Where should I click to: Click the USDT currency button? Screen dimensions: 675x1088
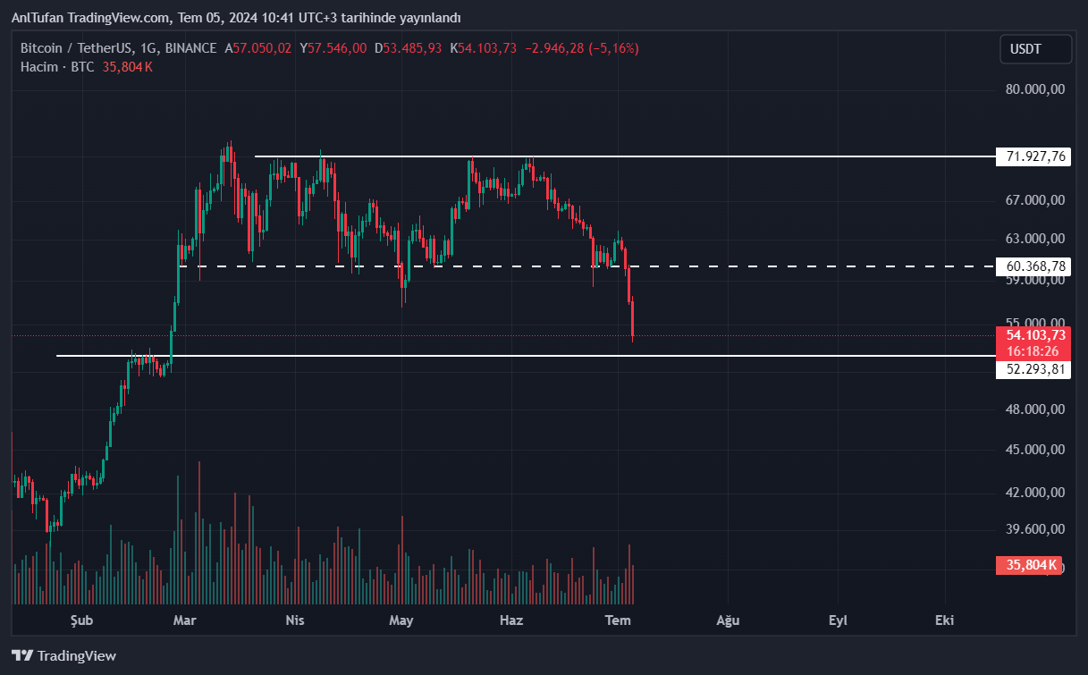coord(1035,49)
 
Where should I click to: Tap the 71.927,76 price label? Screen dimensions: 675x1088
coord(1035,156)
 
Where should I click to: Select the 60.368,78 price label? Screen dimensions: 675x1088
coord(1035,266)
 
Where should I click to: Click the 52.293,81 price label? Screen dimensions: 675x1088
coord(1035,369)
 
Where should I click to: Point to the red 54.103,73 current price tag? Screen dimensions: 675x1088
coord(1035,335)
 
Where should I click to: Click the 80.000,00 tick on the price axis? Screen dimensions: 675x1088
coord(1035,89)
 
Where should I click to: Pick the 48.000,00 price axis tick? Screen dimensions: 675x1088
coord(1035,409)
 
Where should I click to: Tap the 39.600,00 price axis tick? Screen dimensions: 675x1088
coord(1035,528)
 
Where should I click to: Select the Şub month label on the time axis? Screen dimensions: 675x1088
coord(81,620)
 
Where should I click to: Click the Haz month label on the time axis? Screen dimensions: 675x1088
coord(511,620)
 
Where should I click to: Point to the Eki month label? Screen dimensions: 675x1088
coord(944,620)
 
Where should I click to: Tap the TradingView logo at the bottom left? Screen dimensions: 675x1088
coord(64,655)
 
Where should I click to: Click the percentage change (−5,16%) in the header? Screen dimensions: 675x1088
coord(613,48)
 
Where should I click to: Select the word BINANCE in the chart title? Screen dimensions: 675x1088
coord(190,48)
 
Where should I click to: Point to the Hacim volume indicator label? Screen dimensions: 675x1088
coord(39,67)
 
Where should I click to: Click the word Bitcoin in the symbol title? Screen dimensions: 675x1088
coord(42,48)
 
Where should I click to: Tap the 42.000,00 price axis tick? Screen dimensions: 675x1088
coord(1035,493)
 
